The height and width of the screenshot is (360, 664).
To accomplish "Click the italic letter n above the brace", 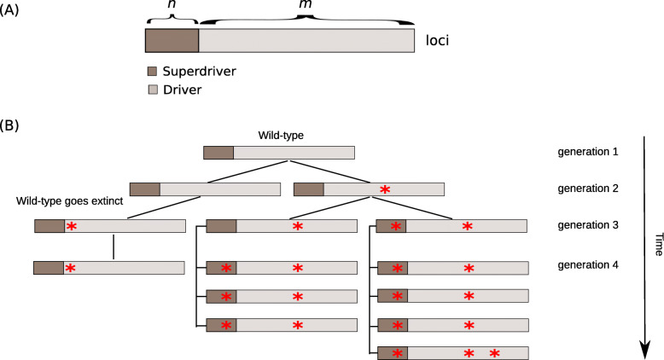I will point(172,6).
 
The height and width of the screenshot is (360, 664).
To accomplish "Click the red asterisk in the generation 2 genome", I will point(385,189).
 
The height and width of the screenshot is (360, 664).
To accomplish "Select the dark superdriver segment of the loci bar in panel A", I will point(172,40).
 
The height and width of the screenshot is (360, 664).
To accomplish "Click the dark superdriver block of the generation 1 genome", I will point(218,153).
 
